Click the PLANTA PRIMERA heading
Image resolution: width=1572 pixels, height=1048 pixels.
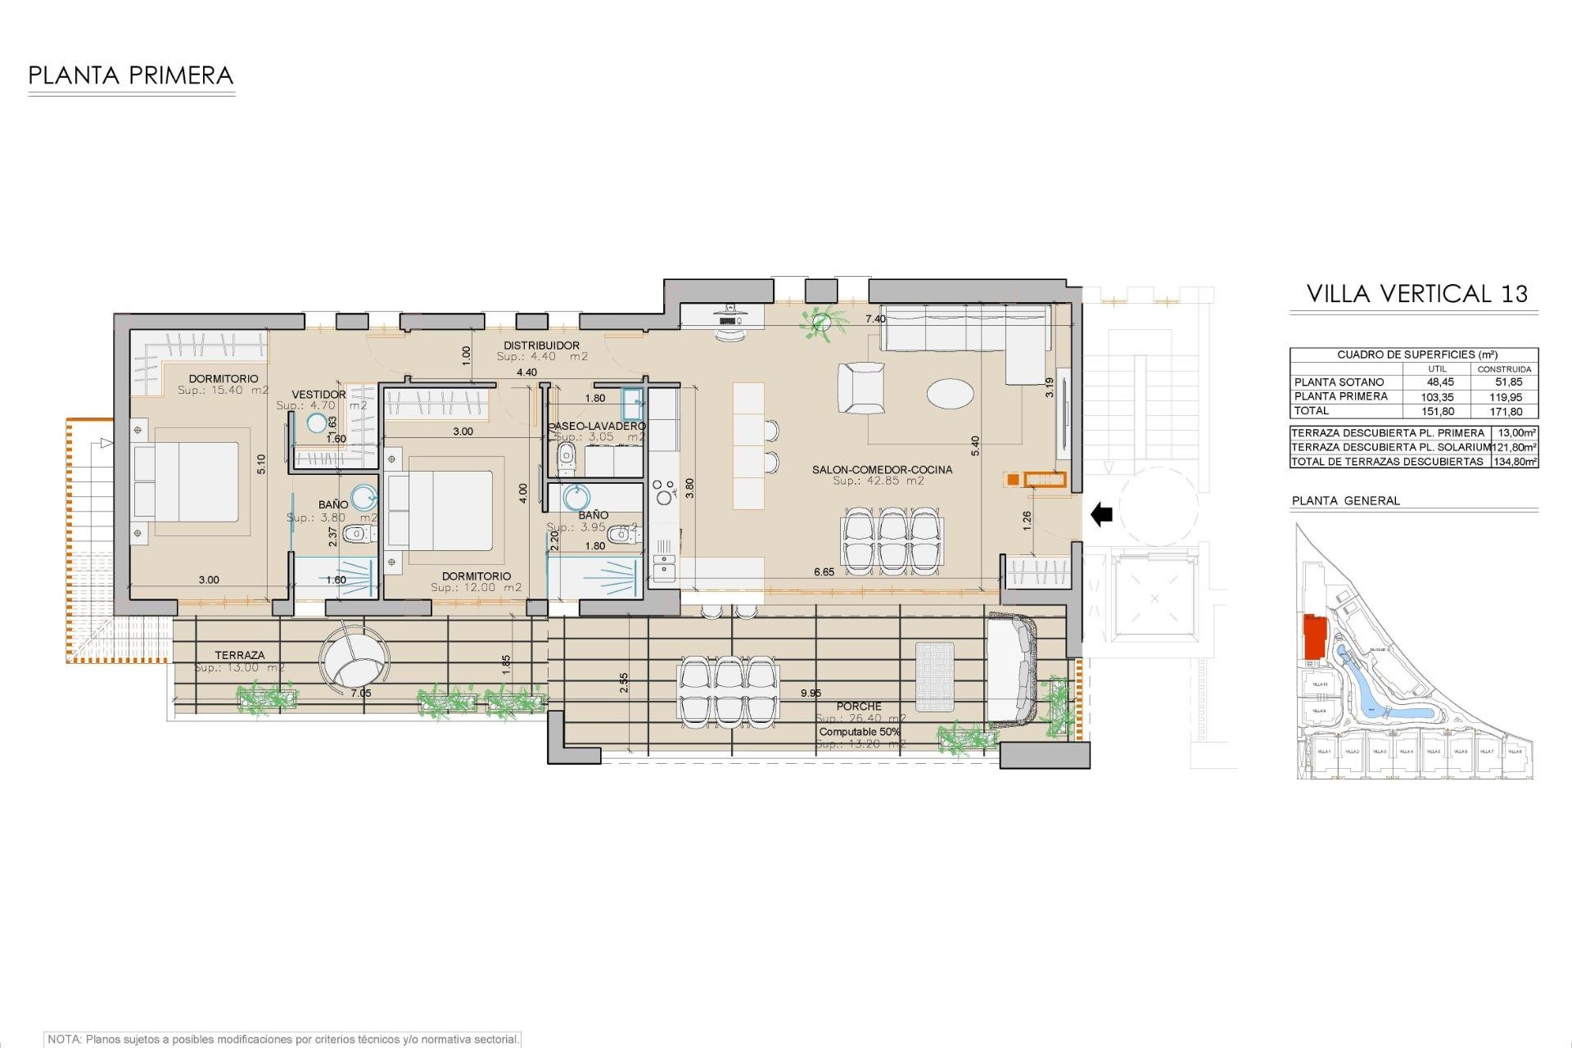[x=131, y=75]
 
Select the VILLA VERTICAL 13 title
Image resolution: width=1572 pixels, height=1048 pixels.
[x=1416, y=294]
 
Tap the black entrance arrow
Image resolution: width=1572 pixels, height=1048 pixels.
[x=1102, y=515]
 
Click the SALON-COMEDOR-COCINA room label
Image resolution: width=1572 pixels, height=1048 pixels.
[x=882, y=470]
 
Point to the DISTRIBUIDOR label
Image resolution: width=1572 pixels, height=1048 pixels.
[x=541, y=346]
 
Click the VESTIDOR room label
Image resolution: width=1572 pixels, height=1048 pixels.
[x=318, y=395]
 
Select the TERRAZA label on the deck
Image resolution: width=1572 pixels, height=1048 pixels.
[x=240, y=655]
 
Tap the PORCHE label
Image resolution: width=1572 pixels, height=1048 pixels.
[x=859, y=706]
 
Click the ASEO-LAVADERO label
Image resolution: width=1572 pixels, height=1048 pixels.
[x=598, y=426]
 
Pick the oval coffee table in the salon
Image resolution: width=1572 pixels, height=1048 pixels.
[x=951, y=393]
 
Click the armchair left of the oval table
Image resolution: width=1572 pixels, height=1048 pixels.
[x=861, y=388]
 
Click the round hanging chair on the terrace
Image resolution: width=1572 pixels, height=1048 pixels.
[x=355, y=660]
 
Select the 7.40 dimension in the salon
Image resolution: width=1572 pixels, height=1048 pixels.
[x=875, y=319]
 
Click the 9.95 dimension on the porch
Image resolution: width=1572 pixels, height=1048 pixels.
[x=811, y=693]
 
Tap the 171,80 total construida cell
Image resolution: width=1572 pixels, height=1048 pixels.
[x=1506, y=412]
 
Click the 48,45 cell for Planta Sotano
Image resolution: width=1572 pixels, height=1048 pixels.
[x=1440, y=382]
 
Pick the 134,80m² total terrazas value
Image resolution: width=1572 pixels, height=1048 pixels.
[x=1515, y=462]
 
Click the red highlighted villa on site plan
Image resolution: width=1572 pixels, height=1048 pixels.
[x=1314, y=636]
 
